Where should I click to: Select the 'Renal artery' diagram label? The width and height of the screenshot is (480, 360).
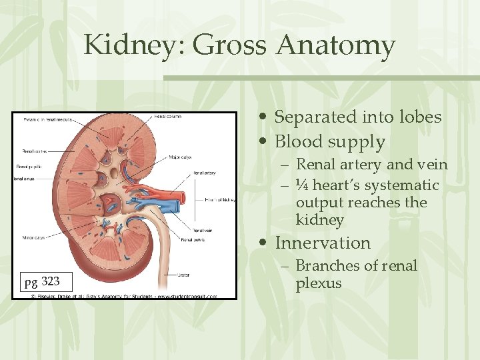point(204,173)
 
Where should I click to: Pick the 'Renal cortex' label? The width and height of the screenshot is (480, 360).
point(34,151)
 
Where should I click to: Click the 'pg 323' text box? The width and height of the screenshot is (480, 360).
point(41,282)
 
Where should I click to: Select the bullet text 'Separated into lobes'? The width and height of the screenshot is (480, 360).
point(358,117)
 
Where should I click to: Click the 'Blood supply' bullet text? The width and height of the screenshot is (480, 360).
point(330,142)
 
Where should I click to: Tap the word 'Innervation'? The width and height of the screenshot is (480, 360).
point(323,243)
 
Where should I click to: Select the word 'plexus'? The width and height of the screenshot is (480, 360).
point(319,283)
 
